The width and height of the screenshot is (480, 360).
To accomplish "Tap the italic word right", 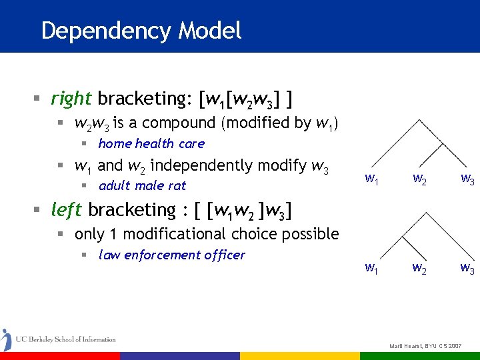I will [x=71, y=99].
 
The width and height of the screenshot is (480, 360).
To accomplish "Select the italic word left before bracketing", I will [x=66, y=209].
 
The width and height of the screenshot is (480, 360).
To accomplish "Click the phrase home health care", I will [x=151, y=143].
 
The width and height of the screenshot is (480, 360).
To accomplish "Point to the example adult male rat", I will [x=142, y=185].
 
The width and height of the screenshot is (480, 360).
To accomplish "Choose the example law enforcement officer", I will [x=171, y=255].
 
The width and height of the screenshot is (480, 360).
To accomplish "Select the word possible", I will [x=313, y=234].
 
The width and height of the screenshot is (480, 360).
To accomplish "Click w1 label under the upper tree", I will [x=373, y=179].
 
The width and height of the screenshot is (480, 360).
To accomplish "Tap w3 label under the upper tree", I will [x=467, y=179].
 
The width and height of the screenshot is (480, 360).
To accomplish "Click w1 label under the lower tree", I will [x=373, y=269].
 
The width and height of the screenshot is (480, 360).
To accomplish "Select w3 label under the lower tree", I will [x=467, y=269].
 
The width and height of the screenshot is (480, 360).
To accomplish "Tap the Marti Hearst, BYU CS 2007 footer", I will [x=425, y=347].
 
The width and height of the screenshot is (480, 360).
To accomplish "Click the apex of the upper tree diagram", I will [x=418, y=120].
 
